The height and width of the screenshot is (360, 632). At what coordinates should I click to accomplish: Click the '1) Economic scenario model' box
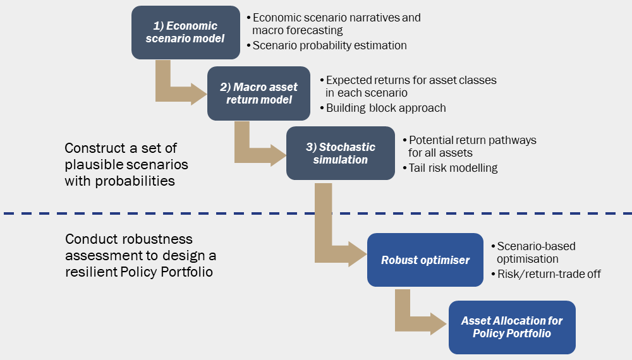coord(186,32)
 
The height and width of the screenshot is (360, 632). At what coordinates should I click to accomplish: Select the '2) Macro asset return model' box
coord(258,93)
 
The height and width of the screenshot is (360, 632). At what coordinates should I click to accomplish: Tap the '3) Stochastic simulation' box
coord(340,153)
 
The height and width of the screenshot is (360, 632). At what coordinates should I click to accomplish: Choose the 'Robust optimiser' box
coord(425,260)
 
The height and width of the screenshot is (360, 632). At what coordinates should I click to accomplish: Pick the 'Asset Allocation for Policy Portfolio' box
coord(512,327)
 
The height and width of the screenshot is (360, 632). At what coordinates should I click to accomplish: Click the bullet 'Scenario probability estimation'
coord(329,45)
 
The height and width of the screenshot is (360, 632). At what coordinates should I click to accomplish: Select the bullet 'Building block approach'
coord(386,108)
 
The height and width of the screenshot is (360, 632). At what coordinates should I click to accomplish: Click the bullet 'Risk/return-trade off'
coord(545,273)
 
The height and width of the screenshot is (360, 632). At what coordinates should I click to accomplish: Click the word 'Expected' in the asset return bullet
coord(349,80)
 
